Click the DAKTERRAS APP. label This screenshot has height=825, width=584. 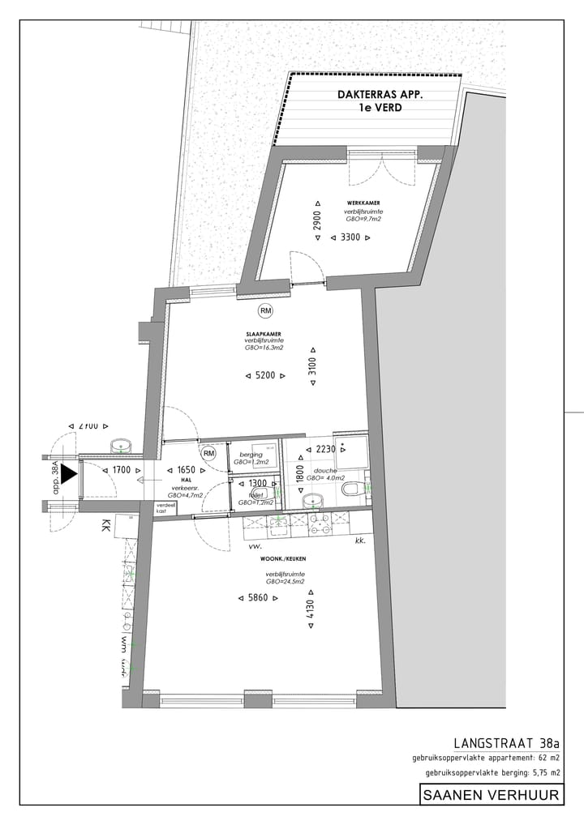pyautogui.click(x=380, y=95)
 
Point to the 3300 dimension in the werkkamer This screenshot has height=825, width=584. pyautogui.click(x=350, y=238)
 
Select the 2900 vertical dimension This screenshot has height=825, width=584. pyautogui.click(x=318, y=220)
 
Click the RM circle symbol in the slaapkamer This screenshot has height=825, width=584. pyautogui.click(x=265, y=310)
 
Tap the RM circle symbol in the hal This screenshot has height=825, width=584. pyautogui.click(x=208, y=454)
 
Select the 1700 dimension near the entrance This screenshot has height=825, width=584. pyautogui.click(x=122, y=470)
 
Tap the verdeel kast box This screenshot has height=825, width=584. pyautogui.click(x=167, y=508)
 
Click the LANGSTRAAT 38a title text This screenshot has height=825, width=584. pyautogui.click(x=507, y=742)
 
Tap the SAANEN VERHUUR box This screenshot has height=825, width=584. pyautogui.click(x=492, y=795)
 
